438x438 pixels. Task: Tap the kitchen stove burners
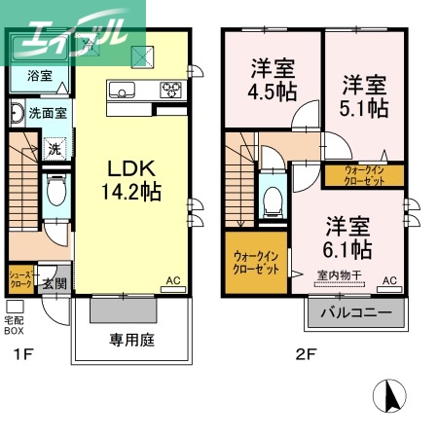coord(171,93)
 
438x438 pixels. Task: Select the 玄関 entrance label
coord(54,283)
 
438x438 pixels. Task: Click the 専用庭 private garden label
coord(129,341)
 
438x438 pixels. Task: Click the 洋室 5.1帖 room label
coord(361,94)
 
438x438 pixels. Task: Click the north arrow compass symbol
coord(393,397)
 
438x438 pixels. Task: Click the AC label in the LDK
coord(173,280)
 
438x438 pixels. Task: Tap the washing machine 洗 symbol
coord(55,149)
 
